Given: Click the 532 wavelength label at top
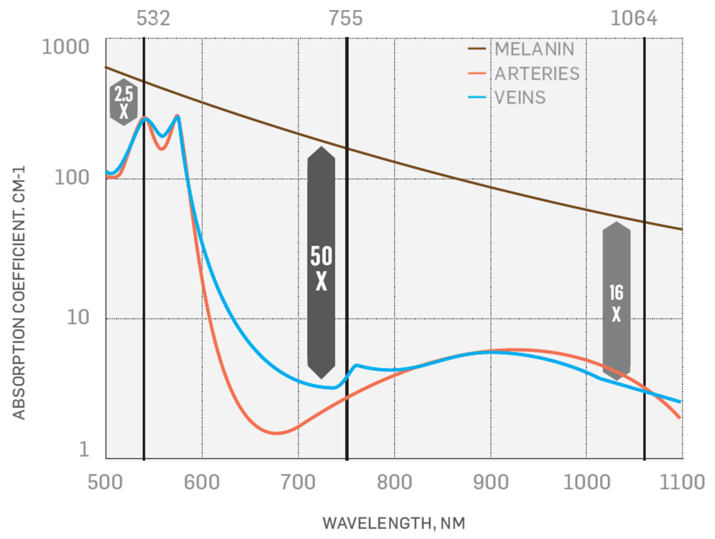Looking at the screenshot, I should click(x=154, y=18).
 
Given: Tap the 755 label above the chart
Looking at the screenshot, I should click(x=346, y=18).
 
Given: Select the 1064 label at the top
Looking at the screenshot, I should click(x=633, y=18).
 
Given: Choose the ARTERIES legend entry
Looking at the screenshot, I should click(x=537, y=73).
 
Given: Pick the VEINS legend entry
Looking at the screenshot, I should click(x=520, y=98).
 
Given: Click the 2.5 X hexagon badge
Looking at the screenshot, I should click(x=123, y=102).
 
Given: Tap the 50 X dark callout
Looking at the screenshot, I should click(x=321, y=263).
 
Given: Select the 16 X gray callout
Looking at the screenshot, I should click(x=616, y=302).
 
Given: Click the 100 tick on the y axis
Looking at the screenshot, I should click(x=74, y=178).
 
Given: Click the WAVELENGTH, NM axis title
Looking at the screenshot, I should click(x=393, y=524).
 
